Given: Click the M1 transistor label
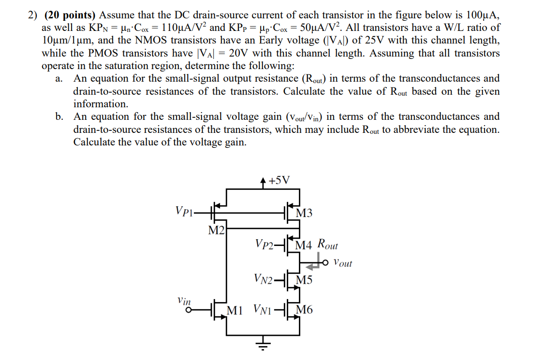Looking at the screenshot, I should [235, 310].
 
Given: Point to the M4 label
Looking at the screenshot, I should [304, 245].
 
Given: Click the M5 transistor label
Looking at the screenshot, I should [304, 280].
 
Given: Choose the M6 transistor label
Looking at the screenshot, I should [305, 310].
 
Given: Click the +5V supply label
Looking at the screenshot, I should [279, 181].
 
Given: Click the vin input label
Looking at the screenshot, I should [184, 300].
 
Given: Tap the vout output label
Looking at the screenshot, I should [343, 263].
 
